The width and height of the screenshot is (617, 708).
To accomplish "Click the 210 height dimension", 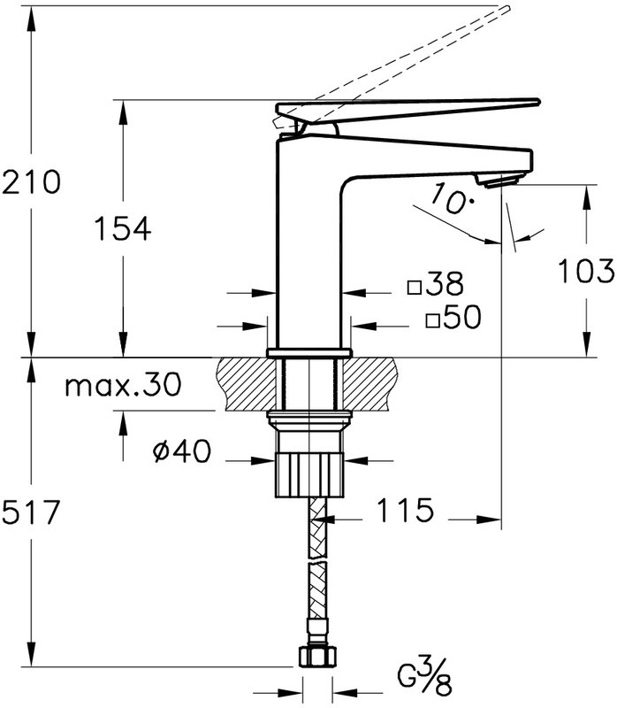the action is (31, 181).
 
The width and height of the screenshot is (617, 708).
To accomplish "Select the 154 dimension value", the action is (123, 228).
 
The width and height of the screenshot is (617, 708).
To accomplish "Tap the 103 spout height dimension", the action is (586, 271).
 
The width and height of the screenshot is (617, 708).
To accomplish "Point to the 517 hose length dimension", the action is (31, 512).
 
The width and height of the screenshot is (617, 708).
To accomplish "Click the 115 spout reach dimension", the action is (405, 511).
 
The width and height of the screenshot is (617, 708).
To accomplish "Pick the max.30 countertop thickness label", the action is (123, 385).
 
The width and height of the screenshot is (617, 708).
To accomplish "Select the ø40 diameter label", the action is (182, 450).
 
